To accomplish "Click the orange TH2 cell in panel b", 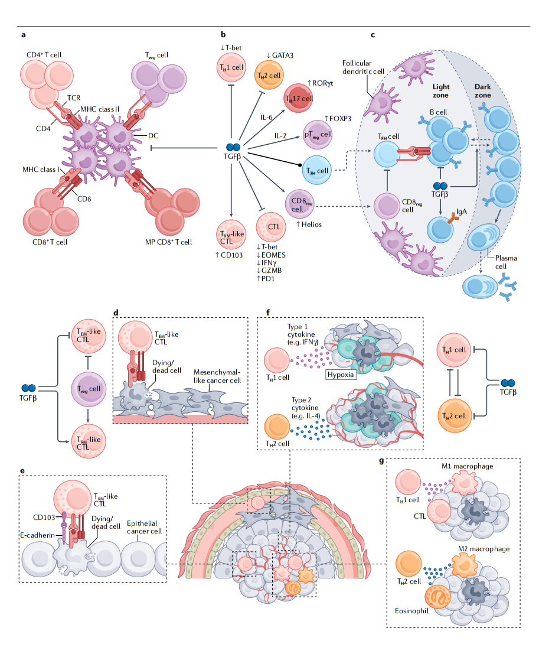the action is [269, 75].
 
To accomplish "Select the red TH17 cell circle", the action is [299, 98].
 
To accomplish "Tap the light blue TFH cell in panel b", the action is [316, 170].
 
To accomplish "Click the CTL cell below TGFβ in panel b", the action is [271, 227].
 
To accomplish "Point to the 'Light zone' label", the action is [440, 91].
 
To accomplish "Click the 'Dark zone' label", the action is [482, 91].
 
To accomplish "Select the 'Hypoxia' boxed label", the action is [341, 375].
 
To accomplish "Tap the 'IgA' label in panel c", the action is [462, 212].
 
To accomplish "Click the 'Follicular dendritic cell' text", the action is [363, 67].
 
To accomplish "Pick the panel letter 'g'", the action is [381, 461].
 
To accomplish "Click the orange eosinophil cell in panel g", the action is [439, 597].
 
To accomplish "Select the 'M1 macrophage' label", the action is [468, 466].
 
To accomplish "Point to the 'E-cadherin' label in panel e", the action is [38, 535].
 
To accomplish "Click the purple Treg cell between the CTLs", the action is [89, 389].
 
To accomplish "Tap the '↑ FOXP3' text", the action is [338, 119].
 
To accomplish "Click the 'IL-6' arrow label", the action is [266, 118].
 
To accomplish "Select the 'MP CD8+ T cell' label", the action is [168, 242].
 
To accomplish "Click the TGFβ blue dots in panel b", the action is [233, 147].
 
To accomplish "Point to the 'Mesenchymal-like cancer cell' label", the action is [217, 376].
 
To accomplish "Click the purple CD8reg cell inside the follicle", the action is [387, 206].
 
